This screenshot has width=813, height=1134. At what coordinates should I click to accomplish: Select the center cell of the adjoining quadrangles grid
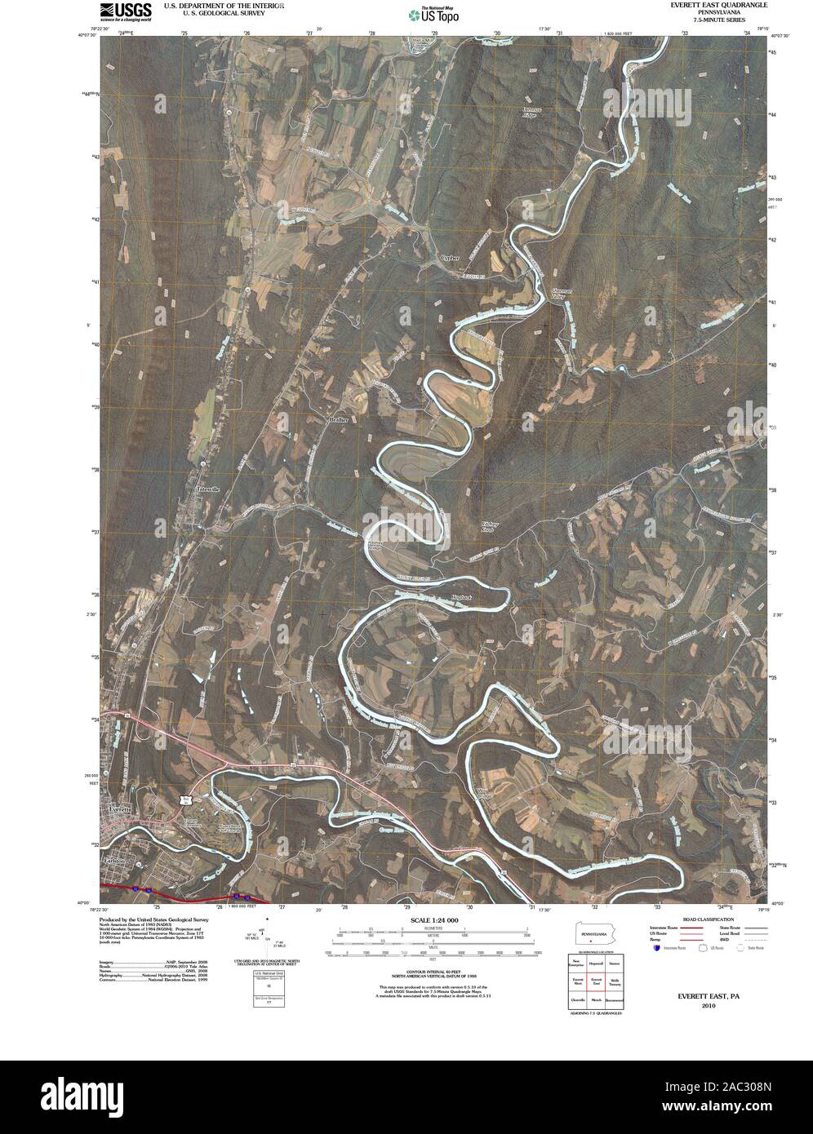click(596, 981)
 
